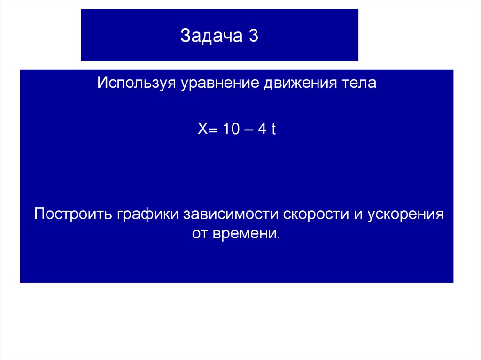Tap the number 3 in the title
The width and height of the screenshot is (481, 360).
coord(253,37)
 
